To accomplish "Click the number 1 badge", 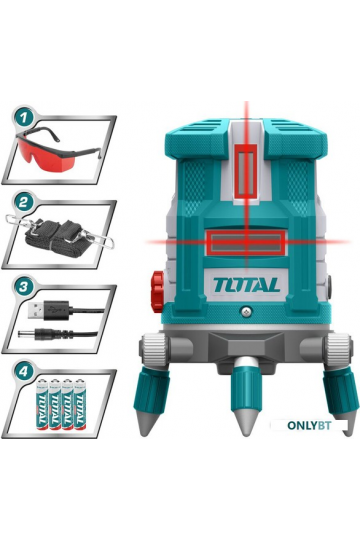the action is point(23,119).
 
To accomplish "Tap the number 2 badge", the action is point(23,203).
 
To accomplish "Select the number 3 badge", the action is point(23,288).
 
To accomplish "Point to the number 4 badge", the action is point(23,372).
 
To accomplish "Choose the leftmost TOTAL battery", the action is point(43,404).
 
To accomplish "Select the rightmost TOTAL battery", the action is point(80,404).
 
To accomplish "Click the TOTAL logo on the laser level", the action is point(246,285).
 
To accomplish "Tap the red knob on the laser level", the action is point(157,292).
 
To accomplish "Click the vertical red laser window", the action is point(246,171).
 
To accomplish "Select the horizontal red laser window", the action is point(246,243).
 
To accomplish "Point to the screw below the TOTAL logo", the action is point(247,312).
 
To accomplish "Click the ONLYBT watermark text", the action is point(309,425).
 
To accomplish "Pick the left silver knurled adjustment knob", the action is point(154,350).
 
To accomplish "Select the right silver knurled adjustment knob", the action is point(339,350).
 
